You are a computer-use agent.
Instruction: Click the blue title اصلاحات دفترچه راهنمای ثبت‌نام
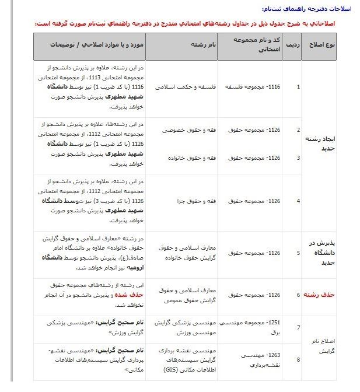coord(305,9)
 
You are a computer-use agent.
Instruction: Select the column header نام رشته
coord(204,45)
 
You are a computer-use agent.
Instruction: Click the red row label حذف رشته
coord(321,295)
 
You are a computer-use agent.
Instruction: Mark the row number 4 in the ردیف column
coord(298,201)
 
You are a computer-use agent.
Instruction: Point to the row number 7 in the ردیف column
coord(298,328)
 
